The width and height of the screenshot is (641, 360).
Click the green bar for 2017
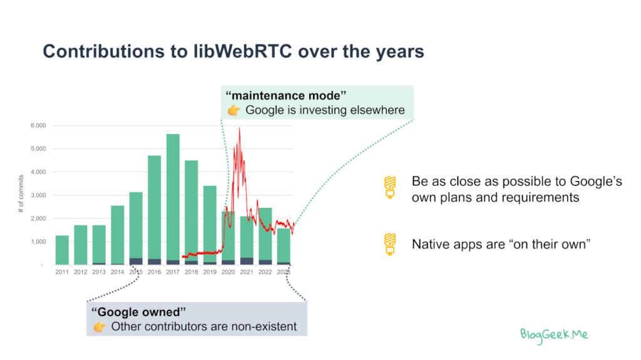coord(173,197)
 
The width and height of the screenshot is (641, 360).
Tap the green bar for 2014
coord(117,235)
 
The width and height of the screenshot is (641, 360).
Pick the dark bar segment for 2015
coord(136,262)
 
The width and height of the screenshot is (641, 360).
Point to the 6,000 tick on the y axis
coord(38,126)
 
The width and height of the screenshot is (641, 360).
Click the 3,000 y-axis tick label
coord(38,195)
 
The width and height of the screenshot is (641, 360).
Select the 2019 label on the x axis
coord(210,272)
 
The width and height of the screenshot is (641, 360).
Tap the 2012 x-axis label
coord(81,272)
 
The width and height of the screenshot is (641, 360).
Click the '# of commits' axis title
coord(21,193)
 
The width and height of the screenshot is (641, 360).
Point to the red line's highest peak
coord(239,128)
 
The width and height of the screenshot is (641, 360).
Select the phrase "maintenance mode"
coord(285,96)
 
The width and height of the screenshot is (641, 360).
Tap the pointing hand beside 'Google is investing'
coord(234,110)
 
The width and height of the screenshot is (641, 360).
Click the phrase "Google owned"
coord(138,312)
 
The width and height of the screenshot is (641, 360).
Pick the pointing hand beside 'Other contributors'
coord(100,326)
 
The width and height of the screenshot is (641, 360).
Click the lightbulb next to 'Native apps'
coord(390,244)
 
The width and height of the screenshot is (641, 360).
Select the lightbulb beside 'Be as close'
coord(390,188)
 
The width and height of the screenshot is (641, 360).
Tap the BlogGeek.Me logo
coord(554,336)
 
